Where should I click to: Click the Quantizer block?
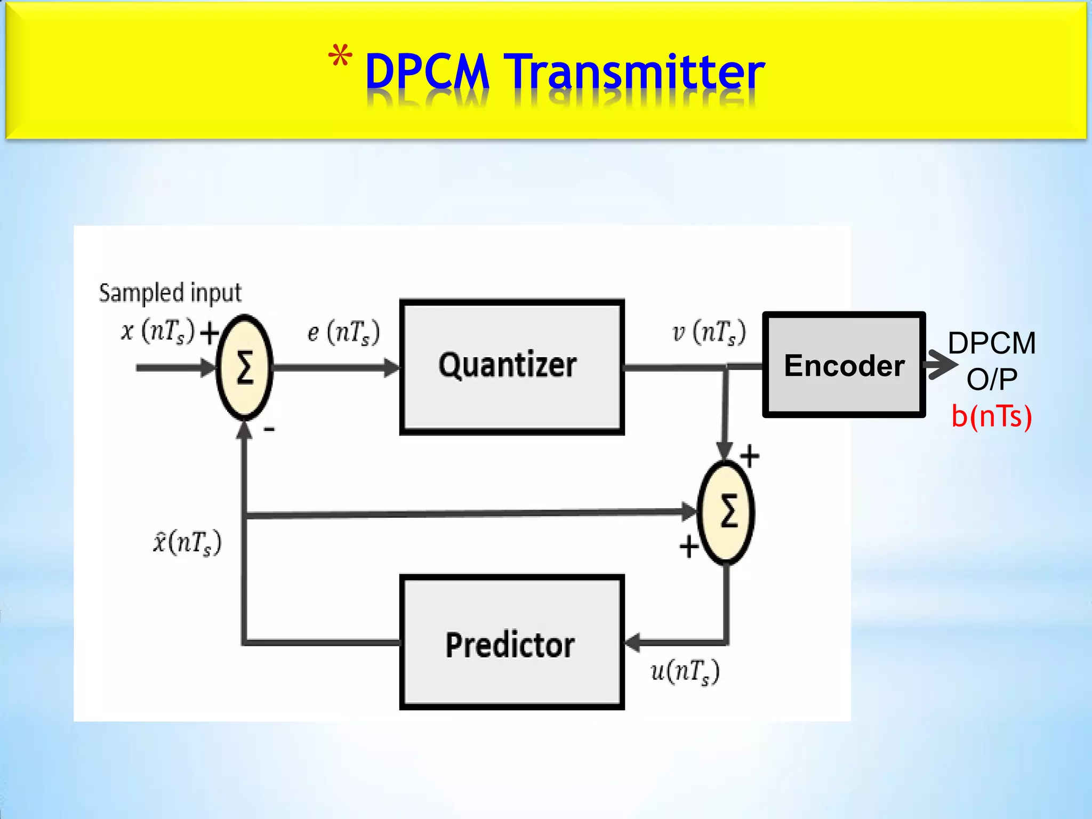click(511, 367)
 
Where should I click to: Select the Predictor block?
click(511, 642)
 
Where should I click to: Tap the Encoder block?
click(844, 365)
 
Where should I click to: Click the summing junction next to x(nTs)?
click(244, 367)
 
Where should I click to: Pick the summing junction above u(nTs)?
click(726, 512)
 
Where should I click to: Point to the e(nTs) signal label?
click(343, 332)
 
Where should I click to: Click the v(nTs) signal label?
click(709, 332)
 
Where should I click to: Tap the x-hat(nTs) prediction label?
click(187, 543)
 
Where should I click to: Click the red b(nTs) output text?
click(992, 416)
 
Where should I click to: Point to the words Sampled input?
click(170, 293)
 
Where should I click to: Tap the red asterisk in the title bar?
click(340, 58)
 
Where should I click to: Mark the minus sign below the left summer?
click(269, 429)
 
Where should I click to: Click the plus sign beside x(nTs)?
click(210, 333)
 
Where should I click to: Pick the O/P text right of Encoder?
click(992, 379)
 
